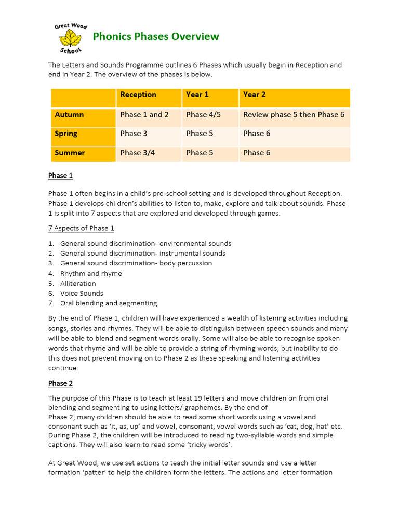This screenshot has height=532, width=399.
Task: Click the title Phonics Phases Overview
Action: [155, 36]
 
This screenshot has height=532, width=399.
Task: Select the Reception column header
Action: [138, 95]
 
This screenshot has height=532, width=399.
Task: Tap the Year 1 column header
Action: [197, 95]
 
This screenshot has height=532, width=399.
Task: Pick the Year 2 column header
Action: [255, 95]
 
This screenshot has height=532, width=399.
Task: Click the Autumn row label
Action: [69, 115]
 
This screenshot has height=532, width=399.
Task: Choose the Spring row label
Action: [66, 134]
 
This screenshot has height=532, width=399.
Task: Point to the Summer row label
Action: [70, 153]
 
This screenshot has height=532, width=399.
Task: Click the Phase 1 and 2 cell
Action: [144, 115]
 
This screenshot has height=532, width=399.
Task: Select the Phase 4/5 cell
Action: [203, 115]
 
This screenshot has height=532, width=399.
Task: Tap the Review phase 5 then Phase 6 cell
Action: [294, 115]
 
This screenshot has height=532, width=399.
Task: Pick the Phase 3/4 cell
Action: [138, 153]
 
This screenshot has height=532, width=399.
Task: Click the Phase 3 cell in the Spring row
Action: [134, 134]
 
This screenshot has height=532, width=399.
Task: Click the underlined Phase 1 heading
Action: [60, 176]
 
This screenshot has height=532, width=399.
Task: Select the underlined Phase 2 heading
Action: [60, 383]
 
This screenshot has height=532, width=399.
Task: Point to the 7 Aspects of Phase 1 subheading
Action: [81, 228]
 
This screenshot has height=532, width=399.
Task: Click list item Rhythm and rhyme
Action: [91, 273]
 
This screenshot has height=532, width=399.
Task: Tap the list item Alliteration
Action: [78, 283]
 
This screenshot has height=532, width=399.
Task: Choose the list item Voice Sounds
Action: [82, 293]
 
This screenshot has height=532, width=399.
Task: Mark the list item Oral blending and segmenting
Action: [108, 303]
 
